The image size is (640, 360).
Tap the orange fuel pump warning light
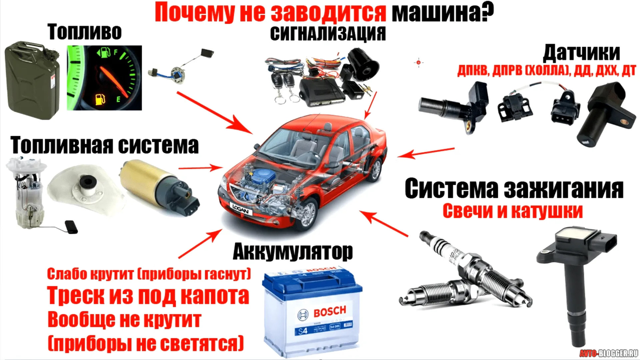pyautogui.click(x=100, y=99)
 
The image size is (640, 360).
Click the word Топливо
pyautogui.click(x=85, y=31)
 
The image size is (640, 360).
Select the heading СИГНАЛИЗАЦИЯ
pyautogui.click(x=327, y=34)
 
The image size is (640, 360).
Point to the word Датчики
pyautogui.click(x=581, y=53)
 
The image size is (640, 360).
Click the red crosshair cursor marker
pyautogui.click(x=419, y=62)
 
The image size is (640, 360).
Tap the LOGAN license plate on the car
pyautogui.click(x=241, y=209)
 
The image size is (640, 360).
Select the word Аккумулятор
pyautogui.click(x=293, y=252)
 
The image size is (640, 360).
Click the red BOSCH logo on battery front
pyautogui.click(x=330, y=311)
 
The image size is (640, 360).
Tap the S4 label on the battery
pyautogui.click(x=303, y=331)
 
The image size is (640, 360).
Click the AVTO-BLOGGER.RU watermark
pyautogui.click(x=609, y=353)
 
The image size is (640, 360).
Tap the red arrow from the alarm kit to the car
pyautogui.click(x=371, y=106)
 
